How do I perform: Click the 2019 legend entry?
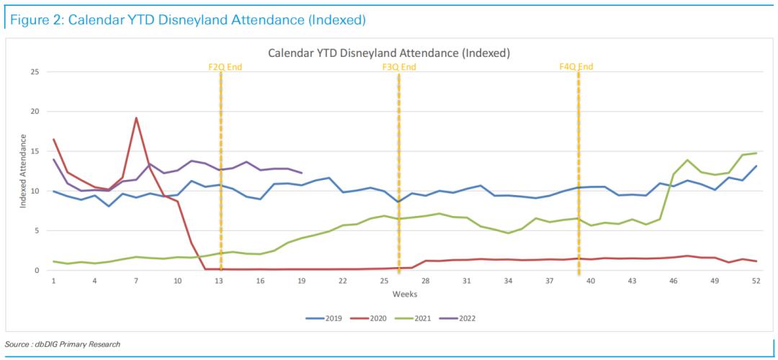pos(328,318)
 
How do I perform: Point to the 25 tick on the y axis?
pos(35,72)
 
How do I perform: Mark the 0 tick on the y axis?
pos(37,271)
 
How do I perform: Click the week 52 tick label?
pos(756,281)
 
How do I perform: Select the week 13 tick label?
pos(219,281)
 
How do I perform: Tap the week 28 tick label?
pos(426,281)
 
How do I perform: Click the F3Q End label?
pos(399,67)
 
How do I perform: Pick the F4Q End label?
pos(576,67)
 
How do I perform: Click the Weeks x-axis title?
pos(404,294)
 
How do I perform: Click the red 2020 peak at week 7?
pos(136,118)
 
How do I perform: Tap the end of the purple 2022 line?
pos(301,173)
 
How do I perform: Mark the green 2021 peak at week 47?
pos(687,160)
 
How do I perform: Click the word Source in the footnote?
pos(17,344)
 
